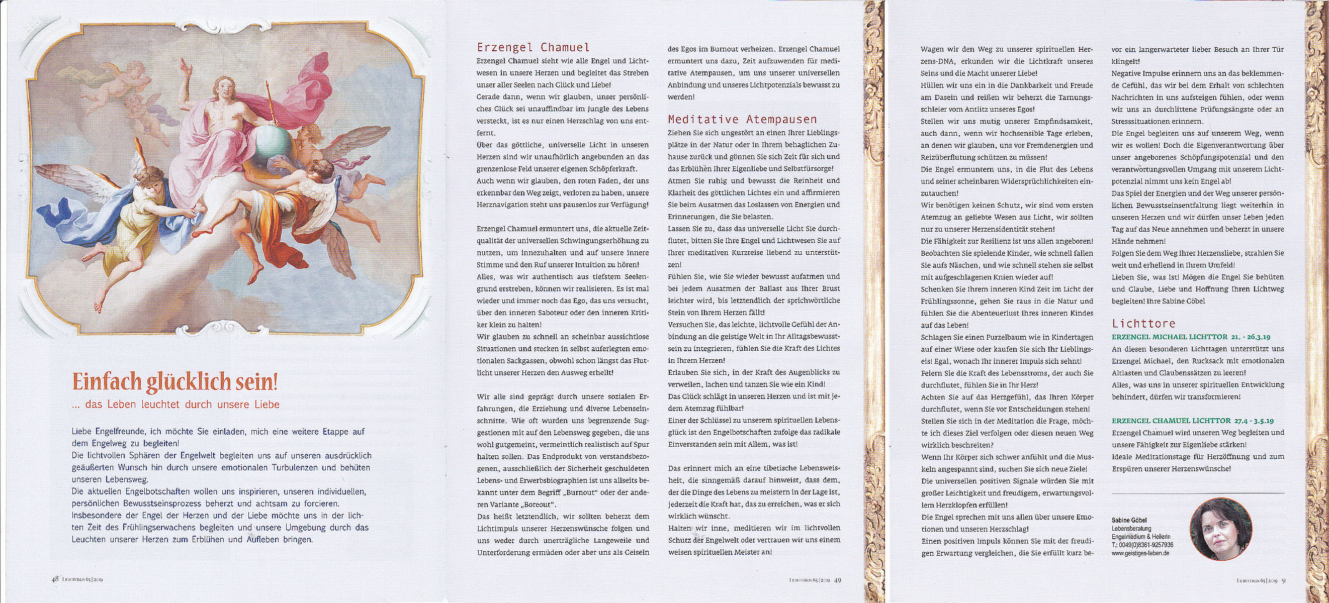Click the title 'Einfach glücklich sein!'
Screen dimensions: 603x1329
click(175, 383)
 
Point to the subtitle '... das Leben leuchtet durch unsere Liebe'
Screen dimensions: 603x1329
click(176, 405)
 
